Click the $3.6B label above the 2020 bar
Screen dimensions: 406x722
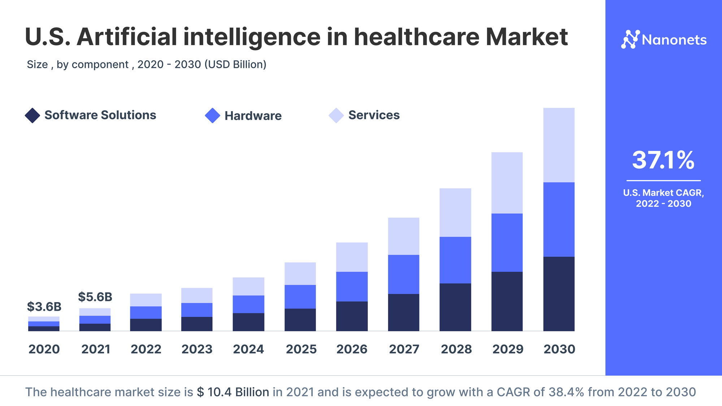pos(44,307)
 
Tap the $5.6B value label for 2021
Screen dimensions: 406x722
pos(95,297)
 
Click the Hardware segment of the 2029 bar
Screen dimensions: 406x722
pos(507,243)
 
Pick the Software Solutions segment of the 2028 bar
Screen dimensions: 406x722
pos(455,307)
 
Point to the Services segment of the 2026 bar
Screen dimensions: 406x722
pos(352,257)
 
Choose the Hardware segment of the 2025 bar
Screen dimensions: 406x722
pos(300,297)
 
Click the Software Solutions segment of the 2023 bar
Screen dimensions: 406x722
pos(197,324)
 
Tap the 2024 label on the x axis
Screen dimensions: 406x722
pos(248,349)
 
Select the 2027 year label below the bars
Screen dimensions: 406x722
pos(404,349)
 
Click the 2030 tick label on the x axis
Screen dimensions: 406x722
pos(559,349)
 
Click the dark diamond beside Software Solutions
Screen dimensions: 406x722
pos(32,115)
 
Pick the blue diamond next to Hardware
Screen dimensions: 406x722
pos(212,115)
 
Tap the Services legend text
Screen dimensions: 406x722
pos(374,115)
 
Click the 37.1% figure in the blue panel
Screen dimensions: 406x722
pos(663,160)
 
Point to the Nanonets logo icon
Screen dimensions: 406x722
pos(630,39)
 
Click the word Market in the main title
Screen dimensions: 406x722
pos(527,37)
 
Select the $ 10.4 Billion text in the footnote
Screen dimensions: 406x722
pos(233,392)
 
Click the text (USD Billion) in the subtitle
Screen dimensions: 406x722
pos(235,64)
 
